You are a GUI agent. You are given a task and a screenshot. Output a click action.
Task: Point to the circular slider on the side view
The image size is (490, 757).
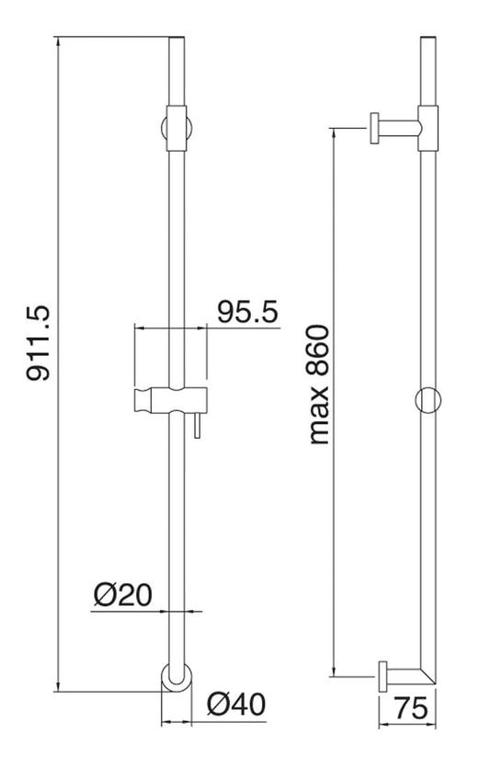coord(429,401)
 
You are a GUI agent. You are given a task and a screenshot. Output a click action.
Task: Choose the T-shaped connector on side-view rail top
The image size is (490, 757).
coord(429,127)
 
